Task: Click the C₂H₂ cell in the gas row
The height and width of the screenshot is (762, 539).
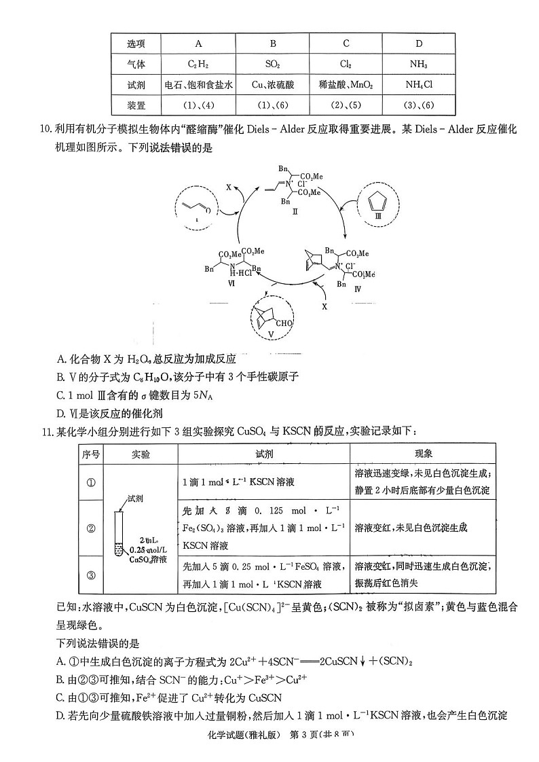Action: (x=198, y=65)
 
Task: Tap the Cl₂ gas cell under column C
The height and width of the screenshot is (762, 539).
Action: (x=346, y=65)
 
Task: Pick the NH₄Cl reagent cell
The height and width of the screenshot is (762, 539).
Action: (x=419, y=85)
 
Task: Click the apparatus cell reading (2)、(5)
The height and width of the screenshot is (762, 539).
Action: (x=346, y=105)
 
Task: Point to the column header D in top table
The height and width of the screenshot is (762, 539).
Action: (x=419, y=44)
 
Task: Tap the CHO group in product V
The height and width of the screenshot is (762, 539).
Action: (x=283, y=323)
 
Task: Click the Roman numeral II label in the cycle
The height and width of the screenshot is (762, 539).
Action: (x=295, y=211)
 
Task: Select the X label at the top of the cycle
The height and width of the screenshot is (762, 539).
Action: (x=229, y=185)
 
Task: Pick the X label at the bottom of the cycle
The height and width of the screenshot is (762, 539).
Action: (x=324, y=307)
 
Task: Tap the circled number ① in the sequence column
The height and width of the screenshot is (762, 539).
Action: (x=92, y=482)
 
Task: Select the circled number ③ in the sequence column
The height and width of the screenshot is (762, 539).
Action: (x=92, y=576)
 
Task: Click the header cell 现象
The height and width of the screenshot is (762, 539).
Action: (x=423, y=454)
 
